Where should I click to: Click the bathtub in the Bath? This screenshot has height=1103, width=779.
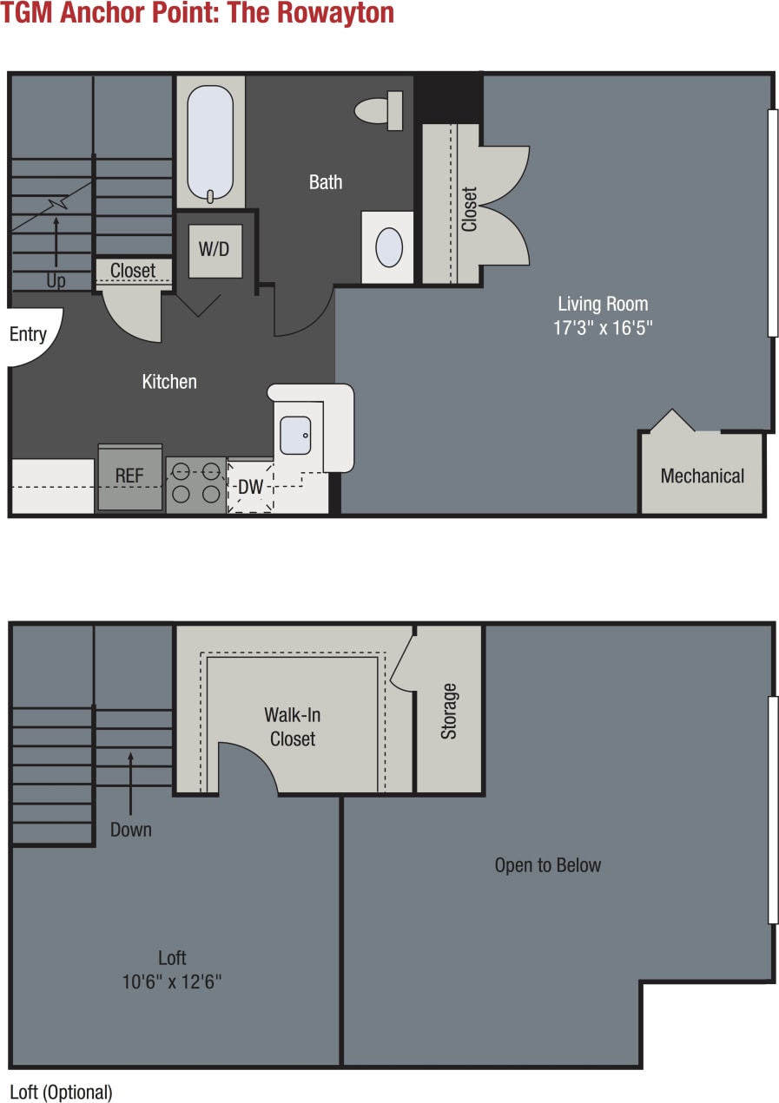click(x=210, y=141)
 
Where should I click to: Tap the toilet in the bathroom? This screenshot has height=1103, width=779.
click(x=379, y=110)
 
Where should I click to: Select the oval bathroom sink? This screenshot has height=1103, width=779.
click(x=388, y=247)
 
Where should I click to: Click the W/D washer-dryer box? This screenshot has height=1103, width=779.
click(x=215, y=250)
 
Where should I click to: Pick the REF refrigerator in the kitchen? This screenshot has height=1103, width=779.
click(x=129, y=476)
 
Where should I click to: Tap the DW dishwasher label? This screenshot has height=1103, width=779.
click(x=250, y=487)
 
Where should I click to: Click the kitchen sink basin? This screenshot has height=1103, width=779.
click(x=295, y=435)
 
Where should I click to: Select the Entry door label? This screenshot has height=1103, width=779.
click(x=28, y=335)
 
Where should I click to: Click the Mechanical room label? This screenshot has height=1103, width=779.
click(x=702, y=476)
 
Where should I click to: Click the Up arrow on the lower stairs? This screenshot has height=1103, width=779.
click(x=56, y=242)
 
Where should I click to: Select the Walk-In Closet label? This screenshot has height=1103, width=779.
click(x=293, y=727)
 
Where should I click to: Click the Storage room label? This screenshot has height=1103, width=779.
click(x=449, y=711)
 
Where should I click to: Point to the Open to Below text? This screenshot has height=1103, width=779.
click(x=547, y=865)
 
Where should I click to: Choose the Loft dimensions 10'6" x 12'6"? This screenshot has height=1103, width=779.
click(x=172, y=982)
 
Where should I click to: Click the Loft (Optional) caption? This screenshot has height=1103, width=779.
click(x=61, y=1092)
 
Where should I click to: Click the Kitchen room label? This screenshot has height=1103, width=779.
click(x=169, y=382)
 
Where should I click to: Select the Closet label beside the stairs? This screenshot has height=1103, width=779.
click(x=133, y=271)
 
